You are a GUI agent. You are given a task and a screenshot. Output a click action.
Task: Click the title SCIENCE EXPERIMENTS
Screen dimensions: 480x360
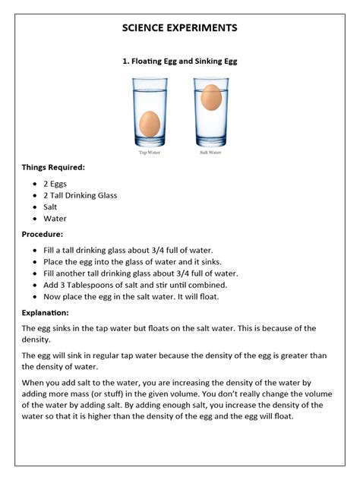pos(180,28)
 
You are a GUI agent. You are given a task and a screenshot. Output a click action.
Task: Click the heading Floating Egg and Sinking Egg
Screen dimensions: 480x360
pos(180,62)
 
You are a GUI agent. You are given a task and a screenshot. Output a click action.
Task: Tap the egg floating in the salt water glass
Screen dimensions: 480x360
pos(211,96)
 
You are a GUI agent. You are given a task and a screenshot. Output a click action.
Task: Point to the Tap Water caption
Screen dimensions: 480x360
pos(149,152)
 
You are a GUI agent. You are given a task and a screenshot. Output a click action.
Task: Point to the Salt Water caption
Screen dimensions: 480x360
pos(210,152)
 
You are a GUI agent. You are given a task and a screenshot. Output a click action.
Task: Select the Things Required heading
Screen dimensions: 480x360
pos(53,167)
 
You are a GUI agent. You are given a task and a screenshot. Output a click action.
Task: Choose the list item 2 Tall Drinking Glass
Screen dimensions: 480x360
pos(81,195)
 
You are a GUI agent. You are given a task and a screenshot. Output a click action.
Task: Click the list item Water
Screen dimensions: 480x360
pos(55,218)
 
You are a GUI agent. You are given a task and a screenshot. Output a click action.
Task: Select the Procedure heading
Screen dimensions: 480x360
pos(43,235)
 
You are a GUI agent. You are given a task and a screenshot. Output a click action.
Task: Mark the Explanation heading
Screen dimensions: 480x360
pos(46,312)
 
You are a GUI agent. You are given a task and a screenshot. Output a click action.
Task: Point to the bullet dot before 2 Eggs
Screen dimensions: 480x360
pos(36,185)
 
